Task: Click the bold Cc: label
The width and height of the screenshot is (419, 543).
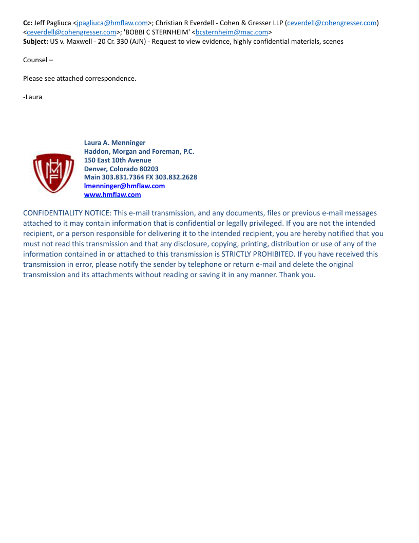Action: [x=28, y=23]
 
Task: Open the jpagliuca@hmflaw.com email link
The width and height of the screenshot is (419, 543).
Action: [x=112, y=23]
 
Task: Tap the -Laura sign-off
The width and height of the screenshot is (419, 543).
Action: [x=32, y=97]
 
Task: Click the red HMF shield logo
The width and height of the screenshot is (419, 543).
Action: [x=53, y=173]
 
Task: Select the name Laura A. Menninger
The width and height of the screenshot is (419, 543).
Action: [x=115, y=143]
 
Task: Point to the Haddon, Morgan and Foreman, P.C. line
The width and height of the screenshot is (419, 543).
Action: [x=139, y=152]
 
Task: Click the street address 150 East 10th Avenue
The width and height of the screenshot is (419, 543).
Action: [x=118, y=160]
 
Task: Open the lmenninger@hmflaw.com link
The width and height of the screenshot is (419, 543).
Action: [x=124, y=186]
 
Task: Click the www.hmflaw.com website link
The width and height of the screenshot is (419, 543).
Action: [x=112, y=195]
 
